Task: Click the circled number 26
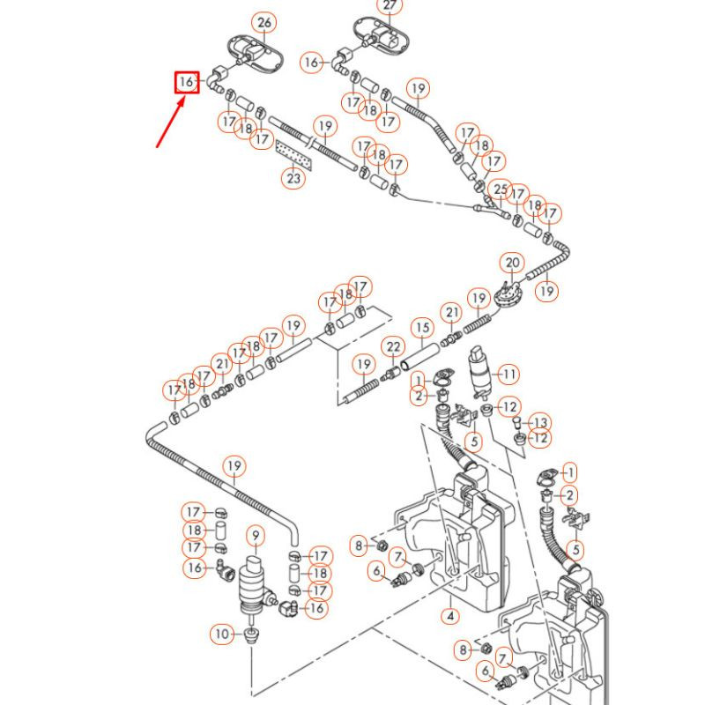(x=263, y=22)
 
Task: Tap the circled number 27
(x=389, y=6)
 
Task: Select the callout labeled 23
(x=293, y=179)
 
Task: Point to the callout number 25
(x=501, y=189)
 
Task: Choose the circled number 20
(x=513, y=263)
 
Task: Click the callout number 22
(x=392, y=347)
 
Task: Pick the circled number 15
(x=423, y=330)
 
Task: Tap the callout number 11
(x=510, y=374)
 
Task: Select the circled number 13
(x=539, y=422)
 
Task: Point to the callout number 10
(x=221, y=633)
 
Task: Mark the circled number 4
(x=450, y=616)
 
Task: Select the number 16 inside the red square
(x=186, y=83)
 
